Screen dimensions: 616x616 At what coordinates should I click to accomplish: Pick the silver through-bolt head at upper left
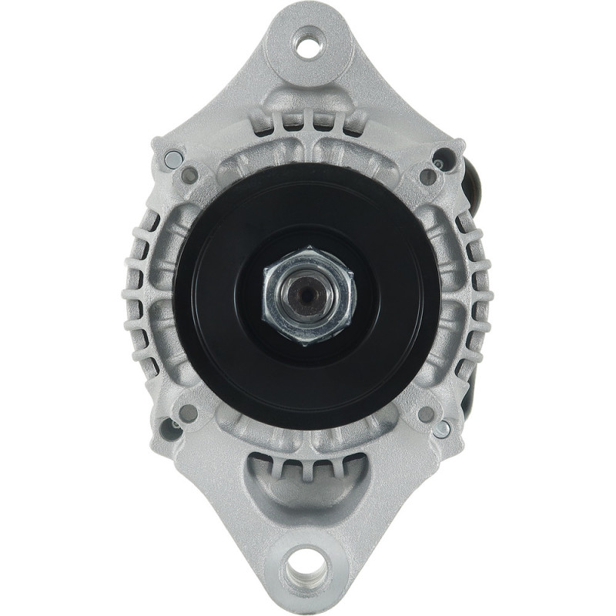(x=173, y=159)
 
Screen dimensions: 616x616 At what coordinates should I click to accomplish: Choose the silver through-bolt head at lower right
(x=441, y=429)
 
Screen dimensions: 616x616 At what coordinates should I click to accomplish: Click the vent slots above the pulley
(x=308, y=123)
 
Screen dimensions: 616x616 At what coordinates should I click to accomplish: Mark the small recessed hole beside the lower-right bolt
(x=426, y=413)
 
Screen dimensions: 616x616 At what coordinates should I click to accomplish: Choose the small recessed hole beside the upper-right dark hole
(x=427, y=176)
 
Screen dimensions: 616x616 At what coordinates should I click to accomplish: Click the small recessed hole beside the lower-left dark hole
(x=189, y=413)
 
